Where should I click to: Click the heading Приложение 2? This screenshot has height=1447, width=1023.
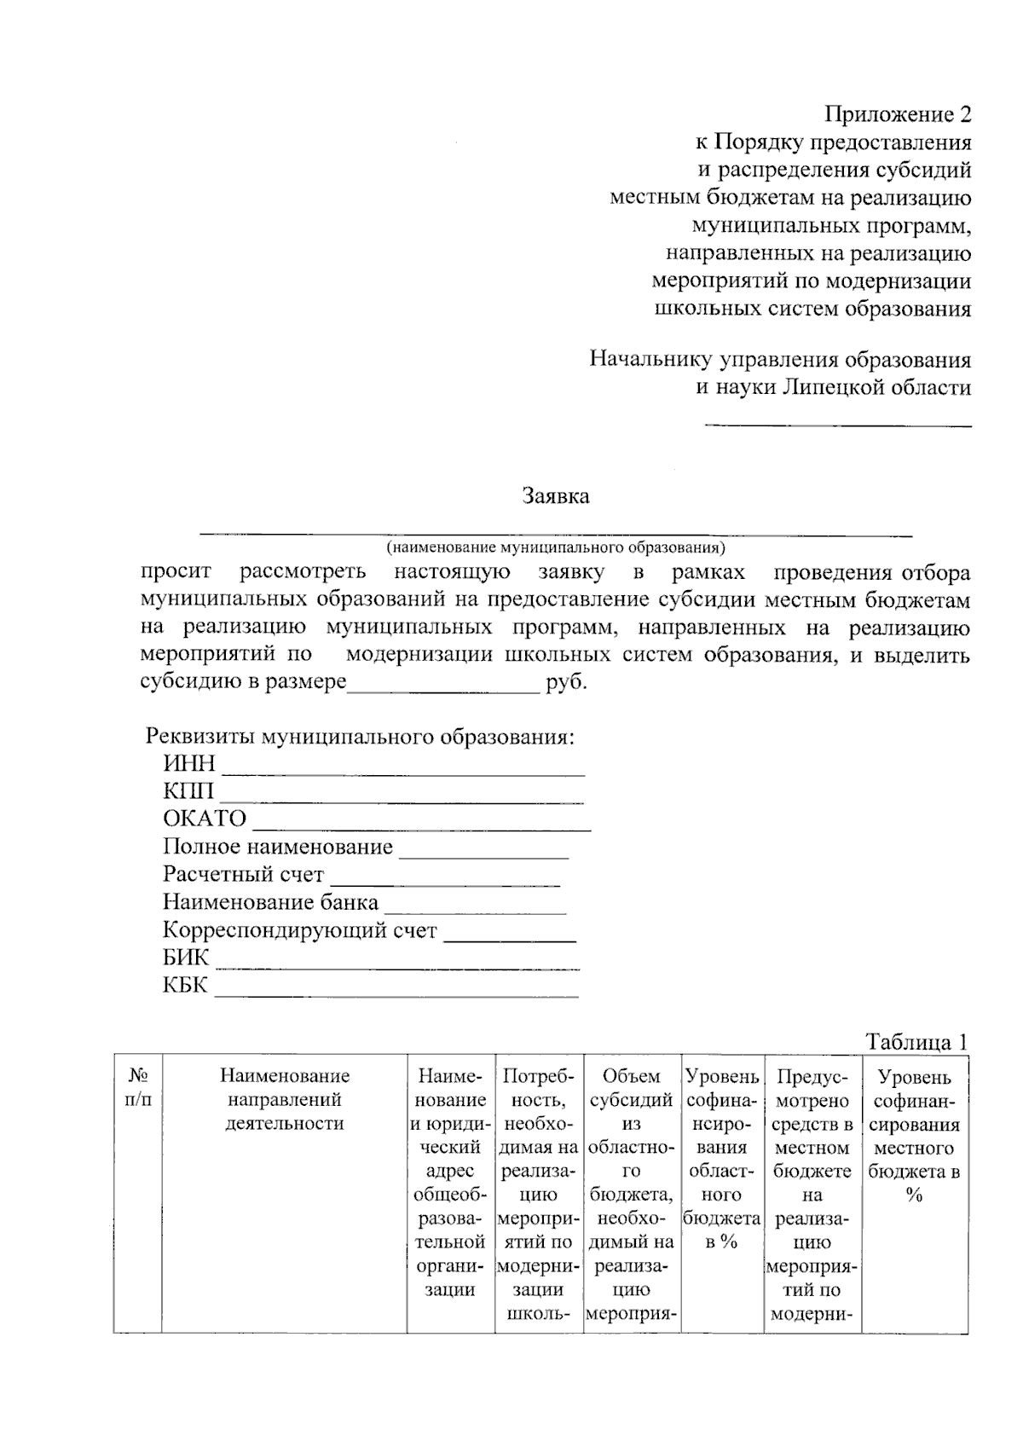(898, 114)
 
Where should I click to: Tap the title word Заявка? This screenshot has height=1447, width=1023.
(555, 495)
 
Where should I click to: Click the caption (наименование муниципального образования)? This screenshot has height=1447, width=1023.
(555, 547)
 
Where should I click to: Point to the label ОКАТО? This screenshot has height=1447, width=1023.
(205, 819)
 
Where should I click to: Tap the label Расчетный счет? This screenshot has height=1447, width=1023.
(244, 875)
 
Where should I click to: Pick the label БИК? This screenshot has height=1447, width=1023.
(186, 958)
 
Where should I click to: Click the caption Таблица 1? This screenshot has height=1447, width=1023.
(916, 1042)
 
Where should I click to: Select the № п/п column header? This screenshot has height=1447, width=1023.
(138, 1089)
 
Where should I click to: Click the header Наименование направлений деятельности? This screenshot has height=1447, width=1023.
(284, 1100)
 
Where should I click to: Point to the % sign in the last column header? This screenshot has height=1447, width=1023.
(914, 1195)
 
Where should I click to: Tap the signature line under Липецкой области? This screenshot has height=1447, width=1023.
(837, 424)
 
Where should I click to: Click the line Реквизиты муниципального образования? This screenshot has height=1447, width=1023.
(360, 737)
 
